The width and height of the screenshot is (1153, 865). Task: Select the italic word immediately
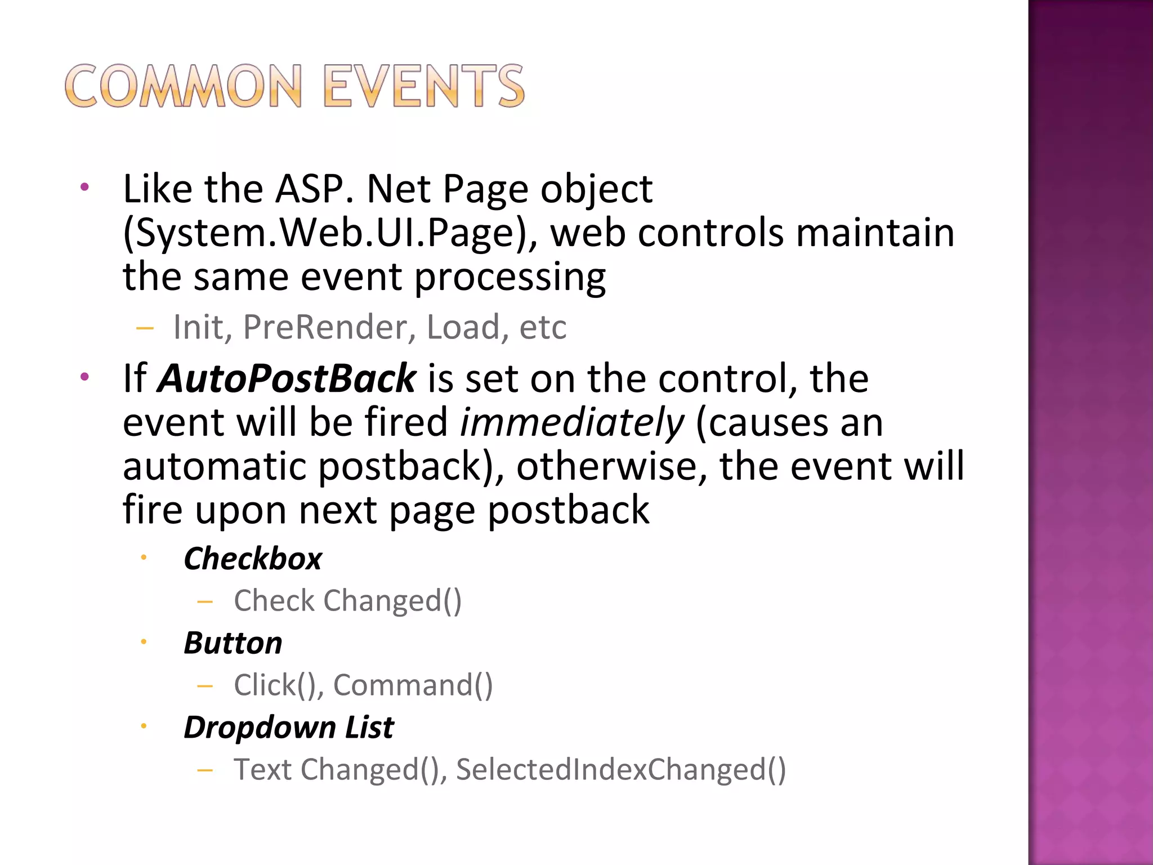point(572,422)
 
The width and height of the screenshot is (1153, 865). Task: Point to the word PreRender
point(330,327)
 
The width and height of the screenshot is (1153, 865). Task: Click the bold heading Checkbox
point(253,559)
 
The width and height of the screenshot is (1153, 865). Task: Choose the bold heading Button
point(233,643)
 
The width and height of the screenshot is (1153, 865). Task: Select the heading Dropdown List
point(289,728)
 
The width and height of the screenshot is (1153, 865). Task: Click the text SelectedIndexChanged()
point(620,770)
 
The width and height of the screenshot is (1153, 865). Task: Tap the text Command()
point(413,685)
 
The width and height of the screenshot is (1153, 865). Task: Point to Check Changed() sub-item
point(347,601)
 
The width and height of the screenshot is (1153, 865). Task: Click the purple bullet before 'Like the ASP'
point(84,188)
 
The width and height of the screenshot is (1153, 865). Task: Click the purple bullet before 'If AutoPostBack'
point(84,377)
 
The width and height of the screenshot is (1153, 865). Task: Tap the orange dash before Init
point(145,328)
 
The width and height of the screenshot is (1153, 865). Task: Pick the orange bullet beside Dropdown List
point(144,726)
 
